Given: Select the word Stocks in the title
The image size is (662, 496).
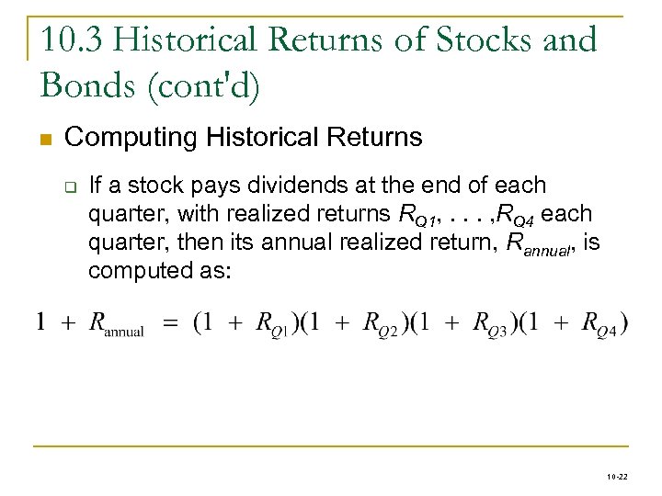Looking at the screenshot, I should pyautogui.click(x=478, y=39).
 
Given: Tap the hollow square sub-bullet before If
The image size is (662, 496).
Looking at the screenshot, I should pyautogui.click(x=70, y=186).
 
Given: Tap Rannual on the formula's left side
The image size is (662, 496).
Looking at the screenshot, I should pyautogui.click(x=116, y=325).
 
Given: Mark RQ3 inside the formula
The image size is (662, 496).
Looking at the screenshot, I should pyautogui.click(x=492, y=325).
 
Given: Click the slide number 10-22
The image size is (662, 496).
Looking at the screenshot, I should pyautogui.click(x=618, y=479).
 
